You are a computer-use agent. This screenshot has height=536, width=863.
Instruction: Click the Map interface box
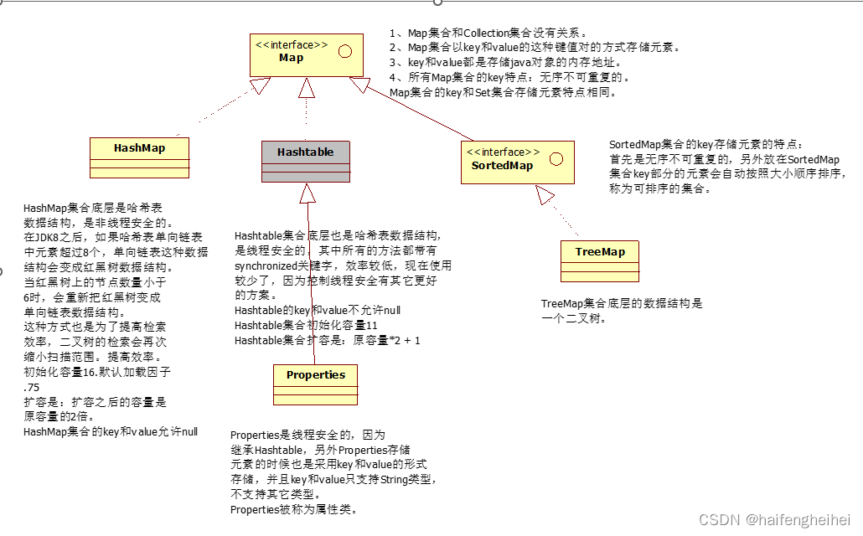pos(306,55)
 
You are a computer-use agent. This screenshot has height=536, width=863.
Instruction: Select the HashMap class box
pos(139,157)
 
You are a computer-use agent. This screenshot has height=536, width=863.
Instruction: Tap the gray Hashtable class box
pos(306,161)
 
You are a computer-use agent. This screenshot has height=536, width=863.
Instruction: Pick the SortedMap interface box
pos(518,162)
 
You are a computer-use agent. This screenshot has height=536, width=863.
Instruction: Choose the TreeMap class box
pos(600,260)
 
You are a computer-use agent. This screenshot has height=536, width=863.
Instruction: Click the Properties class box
pos(316,384)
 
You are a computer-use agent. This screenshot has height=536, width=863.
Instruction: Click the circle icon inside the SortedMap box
pos(556,158)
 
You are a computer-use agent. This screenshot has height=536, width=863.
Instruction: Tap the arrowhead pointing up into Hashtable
pos(307,193)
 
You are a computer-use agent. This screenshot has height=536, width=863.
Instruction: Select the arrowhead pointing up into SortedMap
pos(545,196)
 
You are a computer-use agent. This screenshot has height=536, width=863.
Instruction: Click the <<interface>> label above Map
pos(292,45)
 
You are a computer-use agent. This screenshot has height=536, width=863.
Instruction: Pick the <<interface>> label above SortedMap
pos(503,152)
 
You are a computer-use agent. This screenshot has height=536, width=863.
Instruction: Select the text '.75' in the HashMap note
pos(33,387)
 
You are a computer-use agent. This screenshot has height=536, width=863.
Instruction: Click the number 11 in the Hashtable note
pos(373,326)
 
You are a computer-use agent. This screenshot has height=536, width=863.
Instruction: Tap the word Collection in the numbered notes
pos(486,33)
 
